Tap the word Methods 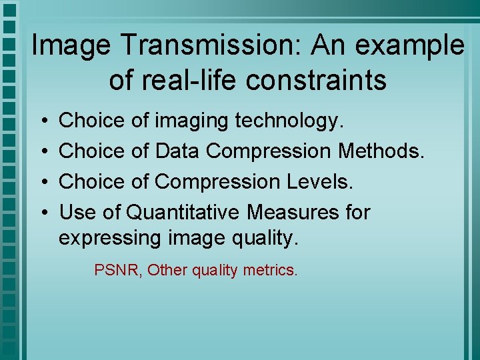(381, 151)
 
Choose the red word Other (167, 270)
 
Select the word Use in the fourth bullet (78, 213)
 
